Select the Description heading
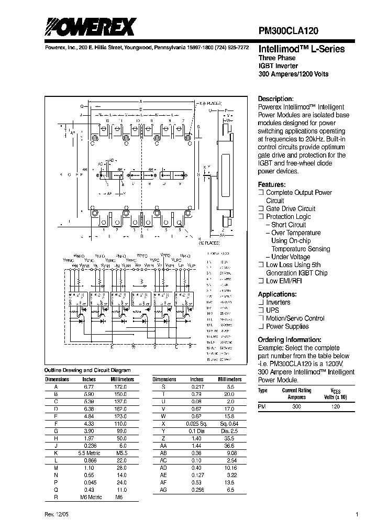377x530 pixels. click(x=275, y=99)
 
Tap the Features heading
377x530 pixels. click(x=272, y=185)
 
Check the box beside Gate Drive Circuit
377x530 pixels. click(x=261, y=208)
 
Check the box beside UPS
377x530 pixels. click(x=261, y=311)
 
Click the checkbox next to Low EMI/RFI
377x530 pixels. click(x=261, y=281)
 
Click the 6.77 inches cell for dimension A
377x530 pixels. click(x=88, y=387)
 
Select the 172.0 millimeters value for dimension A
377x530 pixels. click(x=121, y=387)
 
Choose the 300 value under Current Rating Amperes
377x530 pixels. click(x=296, y=406)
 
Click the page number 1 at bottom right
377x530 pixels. click(x=357, y=514)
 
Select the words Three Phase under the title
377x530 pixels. click(x=277, y=58)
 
